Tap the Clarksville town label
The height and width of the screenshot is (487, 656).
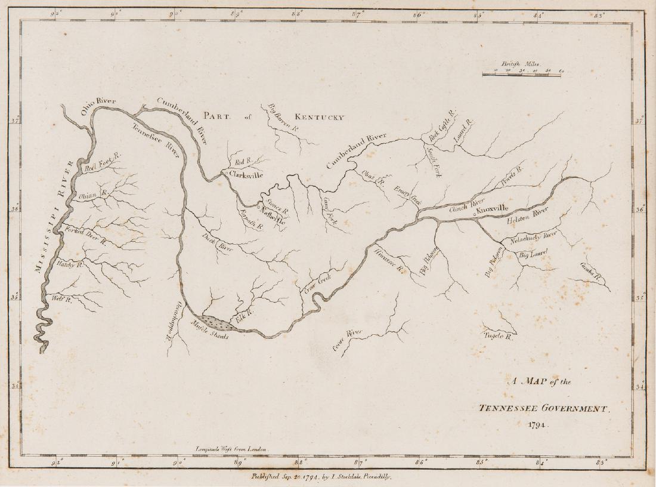click(x=246, y=175)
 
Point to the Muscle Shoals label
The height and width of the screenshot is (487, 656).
click(x=210, y=332)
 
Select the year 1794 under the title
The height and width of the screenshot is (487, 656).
click(x=537, y=426)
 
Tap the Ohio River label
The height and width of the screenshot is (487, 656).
click(x=98, y=107)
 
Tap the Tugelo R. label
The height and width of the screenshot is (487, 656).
click(x=499, y=336)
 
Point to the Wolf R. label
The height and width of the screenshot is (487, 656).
click(x=62, y=299)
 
